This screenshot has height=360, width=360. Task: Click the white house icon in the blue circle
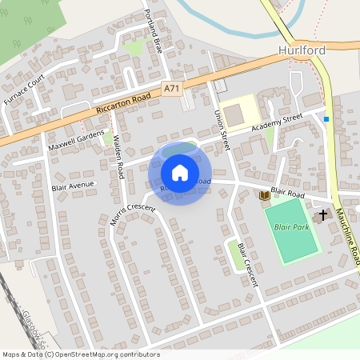(180, 173)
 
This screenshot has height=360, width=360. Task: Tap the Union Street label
(222, 128)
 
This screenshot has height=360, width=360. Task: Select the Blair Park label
(292, 227)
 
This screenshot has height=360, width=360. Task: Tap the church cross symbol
(324, 214)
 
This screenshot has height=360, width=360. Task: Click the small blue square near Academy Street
(326, 119)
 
